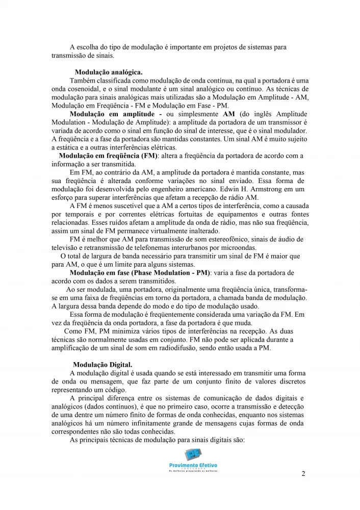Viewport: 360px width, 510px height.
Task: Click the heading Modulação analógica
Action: (x=109, y=72)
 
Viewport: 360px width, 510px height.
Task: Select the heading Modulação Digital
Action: (x=102, y=365)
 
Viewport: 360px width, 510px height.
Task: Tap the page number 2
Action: (x=303, y=474)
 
